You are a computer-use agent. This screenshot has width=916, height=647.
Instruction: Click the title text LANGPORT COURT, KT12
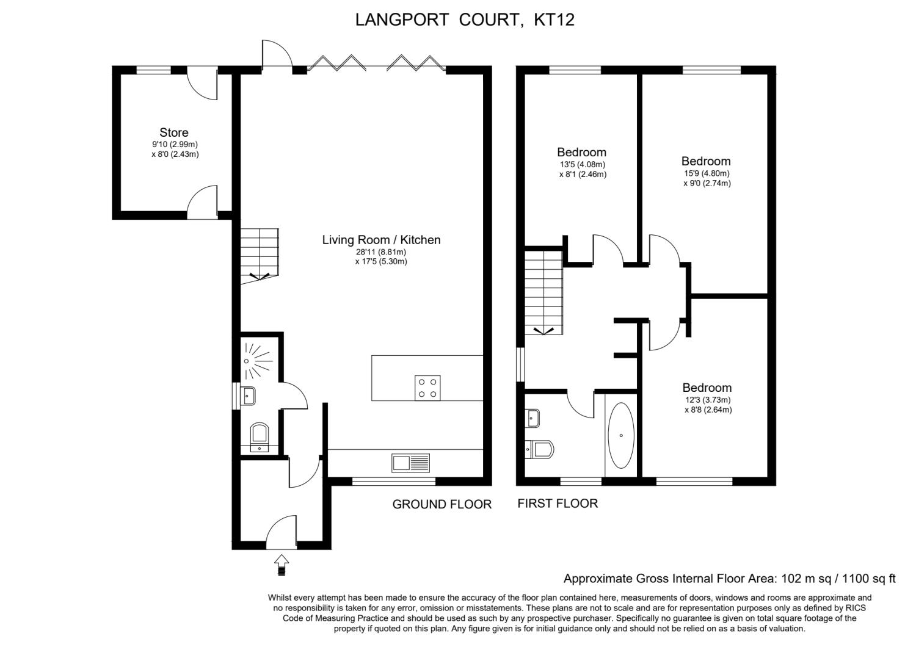(465, 20)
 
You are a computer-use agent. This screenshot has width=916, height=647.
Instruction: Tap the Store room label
(174, 132)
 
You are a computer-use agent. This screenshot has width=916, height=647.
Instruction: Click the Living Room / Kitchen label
(381, 240)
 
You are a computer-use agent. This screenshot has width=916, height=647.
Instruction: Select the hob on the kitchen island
(427, 388)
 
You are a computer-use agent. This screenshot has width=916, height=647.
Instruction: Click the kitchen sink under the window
(410, 463)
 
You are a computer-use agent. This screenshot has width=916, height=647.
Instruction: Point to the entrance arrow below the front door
(282, 564)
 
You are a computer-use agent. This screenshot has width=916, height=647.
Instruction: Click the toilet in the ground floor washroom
(260, 435)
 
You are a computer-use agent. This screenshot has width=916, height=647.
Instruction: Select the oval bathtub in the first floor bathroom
(622, 435)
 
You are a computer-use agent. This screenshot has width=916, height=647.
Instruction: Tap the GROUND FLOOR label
(442, 504)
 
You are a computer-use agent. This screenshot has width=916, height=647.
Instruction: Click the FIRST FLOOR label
(558, 503)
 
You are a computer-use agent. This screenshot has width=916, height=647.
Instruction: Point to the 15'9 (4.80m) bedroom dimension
(707, 173)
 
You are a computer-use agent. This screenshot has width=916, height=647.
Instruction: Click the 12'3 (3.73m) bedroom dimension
(707, 400)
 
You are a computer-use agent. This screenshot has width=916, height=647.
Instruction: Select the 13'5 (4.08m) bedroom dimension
(582, 164)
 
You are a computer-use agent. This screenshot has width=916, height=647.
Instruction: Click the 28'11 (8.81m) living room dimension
(381, 252)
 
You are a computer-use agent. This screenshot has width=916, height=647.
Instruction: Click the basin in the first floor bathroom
(533, 419)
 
